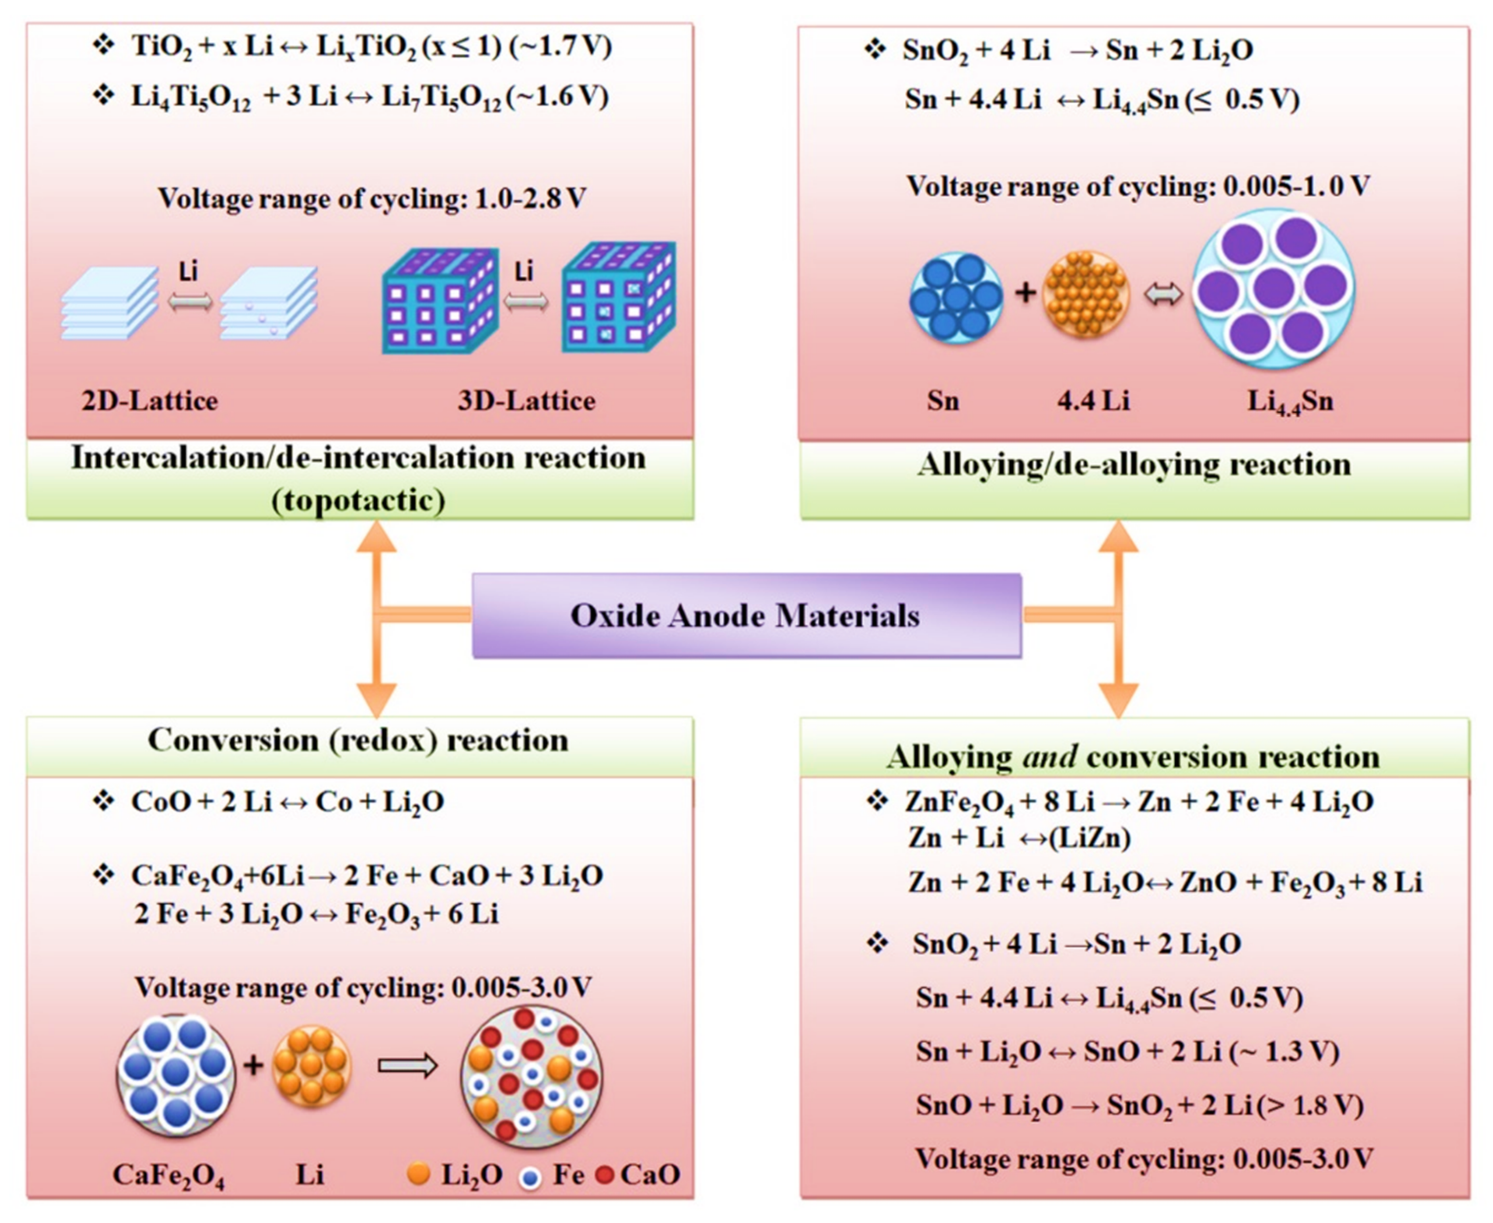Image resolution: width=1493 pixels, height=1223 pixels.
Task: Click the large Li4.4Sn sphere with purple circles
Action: (1273, 288)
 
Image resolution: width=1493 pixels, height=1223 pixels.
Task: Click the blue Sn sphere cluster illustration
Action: (956, 297)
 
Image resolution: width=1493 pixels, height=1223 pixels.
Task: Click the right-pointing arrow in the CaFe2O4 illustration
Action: (407, 1066)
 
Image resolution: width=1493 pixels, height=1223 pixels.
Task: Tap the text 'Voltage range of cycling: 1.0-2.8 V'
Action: (371, 199)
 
